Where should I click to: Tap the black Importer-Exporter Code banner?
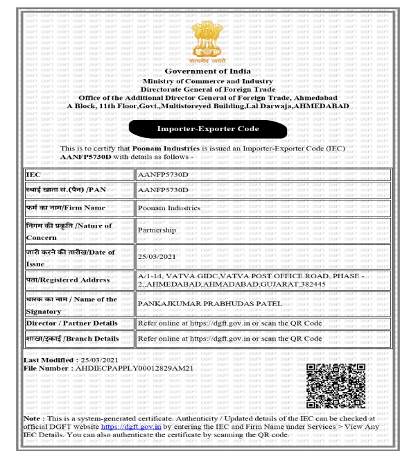208,128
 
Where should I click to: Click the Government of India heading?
208,71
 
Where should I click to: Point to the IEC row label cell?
79,175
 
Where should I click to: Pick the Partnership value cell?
157,230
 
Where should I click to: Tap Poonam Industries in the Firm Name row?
169,207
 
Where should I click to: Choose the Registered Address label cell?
79,279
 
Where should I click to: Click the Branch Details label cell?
79,339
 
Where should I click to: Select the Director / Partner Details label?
79,323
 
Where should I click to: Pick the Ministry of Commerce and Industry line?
208,82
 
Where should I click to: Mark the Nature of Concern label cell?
79,230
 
